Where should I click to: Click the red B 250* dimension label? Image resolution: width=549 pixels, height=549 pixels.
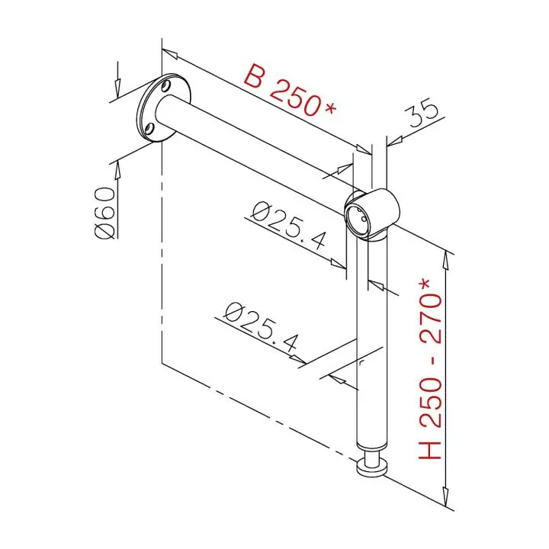point(290,90)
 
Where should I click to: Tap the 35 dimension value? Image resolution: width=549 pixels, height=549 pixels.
point(421,113)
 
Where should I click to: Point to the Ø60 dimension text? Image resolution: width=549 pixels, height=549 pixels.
point(105,213)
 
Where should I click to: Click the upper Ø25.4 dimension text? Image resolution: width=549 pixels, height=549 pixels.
point(289,225)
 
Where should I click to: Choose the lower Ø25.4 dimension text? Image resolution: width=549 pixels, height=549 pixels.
point(262,326)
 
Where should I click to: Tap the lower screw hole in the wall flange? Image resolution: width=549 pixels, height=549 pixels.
point(149,128)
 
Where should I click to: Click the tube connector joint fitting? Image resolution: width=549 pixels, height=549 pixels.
point(372,214)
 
